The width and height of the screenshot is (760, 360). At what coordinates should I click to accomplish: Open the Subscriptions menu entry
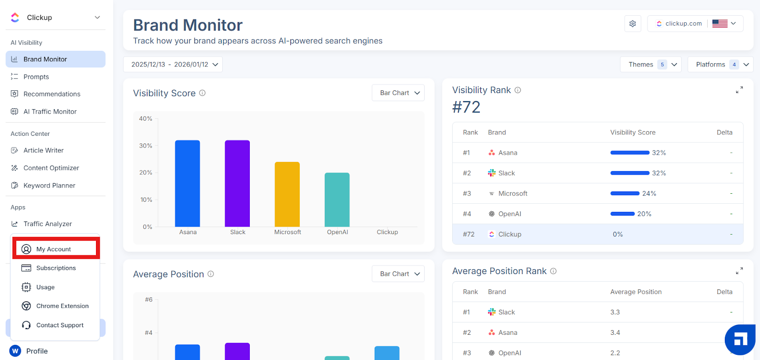pyautogui.click(x=56, y=268)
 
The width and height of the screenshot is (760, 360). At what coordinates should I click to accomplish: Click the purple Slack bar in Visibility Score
pyautogui.click(x=237, y=184)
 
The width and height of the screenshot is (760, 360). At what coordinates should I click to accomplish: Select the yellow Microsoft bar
pyautogui.click(x=287, y=194)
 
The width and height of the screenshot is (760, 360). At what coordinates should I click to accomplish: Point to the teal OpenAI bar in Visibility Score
pyautogui.click(x=337, y=200)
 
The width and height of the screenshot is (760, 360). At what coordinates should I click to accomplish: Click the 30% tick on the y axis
pyautogui.click(x=145, y=145)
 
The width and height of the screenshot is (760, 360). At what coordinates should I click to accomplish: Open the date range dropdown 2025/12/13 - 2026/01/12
pyautogui.click(x=173, y=65)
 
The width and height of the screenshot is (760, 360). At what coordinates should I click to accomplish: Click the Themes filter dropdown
pyautogui.click(x=651, y=65)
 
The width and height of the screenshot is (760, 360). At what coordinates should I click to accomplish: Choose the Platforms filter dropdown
pyautogui.click(x=721, y=65)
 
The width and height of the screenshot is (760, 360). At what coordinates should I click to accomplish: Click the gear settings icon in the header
pyautogui.click(x=633, y=24)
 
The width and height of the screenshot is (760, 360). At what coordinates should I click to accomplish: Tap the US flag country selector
pyautogui.click(x=724, y=23)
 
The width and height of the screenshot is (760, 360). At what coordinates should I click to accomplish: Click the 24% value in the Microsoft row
pyautogui.click(x=649, y=193)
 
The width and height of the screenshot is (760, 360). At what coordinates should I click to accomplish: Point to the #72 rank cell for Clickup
pyautogui.click(x=468, y=234)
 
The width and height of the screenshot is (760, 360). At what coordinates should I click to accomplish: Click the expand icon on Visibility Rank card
pyautogui.click(x=739, y=90)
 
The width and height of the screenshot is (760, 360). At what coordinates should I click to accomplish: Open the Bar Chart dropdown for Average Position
pyautogui.click(x=399, y=274)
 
